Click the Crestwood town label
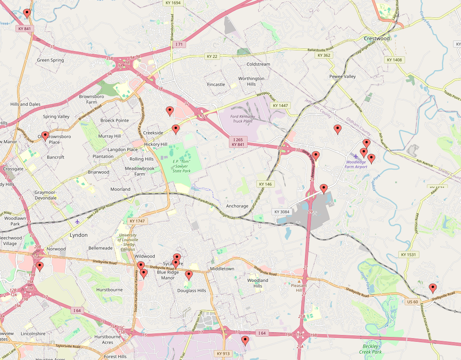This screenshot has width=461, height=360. click(377, 38)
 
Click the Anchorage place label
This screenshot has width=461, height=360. click(237, 206)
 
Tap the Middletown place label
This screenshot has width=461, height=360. click(222, 269)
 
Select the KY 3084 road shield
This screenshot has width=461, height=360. click(282, 212)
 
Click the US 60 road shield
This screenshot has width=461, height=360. click(413, 302)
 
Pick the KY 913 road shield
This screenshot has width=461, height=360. click(223, 353)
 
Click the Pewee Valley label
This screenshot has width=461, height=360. click(342, 77)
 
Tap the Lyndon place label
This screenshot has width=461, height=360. click(79, 235)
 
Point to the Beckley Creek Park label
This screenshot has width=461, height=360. click(370, 349)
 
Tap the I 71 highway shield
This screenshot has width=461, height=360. click(179, 45)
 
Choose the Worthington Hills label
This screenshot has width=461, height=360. click(251, 81)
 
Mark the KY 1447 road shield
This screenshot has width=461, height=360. click(280, 106)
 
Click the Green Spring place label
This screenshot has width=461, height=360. click(50, 60)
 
